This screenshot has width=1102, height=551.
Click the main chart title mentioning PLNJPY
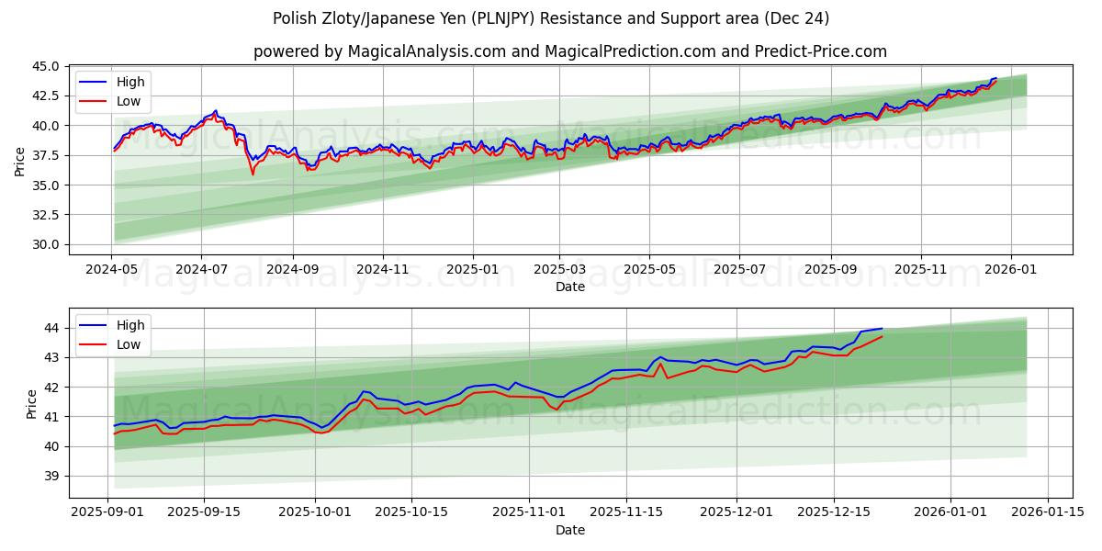(x=551, y=18)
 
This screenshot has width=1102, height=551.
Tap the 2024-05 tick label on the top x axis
(x=112, y=270)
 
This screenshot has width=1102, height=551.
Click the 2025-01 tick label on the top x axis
(x=473, y=270)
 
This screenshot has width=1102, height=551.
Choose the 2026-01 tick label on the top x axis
(x=1011, y=270)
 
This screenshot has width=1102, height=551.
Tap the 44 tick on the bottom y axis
(x=51, y=328)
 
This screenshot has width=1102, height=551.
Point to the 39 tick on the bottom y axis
(x=51, y=476)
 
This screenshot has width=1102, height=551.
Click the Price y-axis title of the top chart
(x=20, y=161)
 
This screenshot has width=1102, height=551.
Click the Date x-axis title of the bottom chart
(x=570, y=531)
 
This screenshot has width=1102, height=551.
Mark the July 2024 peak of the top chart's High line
(x=216, y=111)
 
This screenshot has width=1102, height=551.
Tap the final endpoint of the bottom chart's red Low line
(x=883, y=336)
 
